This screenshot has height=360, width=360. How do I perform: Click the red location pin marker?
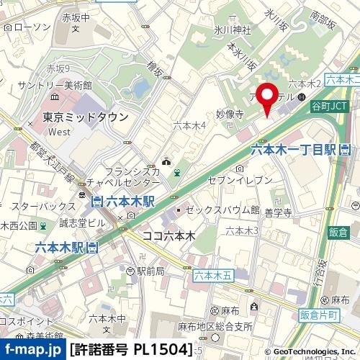pos(268,99)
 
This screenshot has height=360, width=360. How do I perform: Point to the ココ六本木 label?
pos(168,235)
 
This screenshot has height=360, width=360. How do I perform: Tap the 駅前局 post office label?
pos(150,271)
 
